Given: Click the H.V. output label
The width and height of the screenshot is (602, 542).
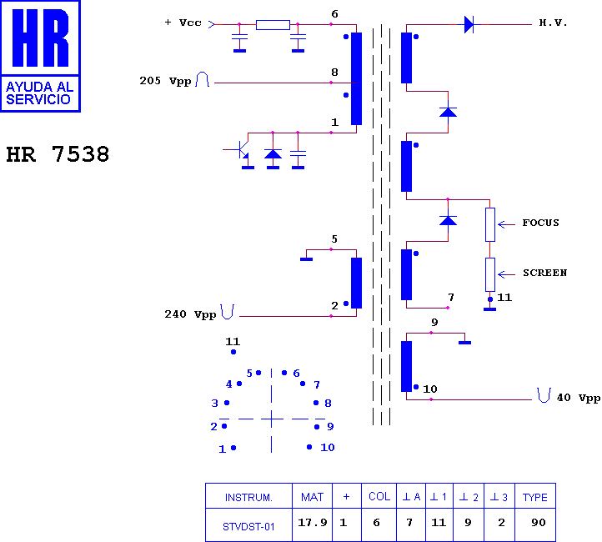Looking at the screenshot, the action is [553, 23].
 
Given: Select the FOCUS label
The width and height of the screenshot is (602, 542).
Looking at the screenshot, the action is [540, 223].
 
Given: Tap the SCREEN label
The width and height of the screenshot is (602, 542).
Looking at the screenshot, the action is [544, 273].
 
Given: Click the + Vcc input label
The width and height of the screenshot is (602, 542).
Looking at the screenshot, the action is [183, 23].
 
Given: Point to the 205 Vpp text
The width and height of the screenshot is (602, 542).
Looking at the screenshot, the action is [165, 81].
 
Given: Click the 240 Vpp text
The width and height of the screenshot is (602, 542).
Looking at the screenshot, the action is [190, 314].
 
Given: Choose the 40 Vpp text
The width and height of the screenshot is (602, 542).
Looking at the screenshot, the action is [579, 398].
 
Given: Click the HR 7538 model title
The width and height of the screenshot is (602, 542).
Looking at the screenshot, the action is [58, 154].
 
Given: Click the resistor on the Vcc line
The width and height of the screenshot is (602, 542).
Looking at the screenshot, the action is [273, 25].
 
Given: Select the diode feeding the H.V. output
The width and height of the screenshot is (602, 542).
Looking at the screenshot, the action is [469, 24].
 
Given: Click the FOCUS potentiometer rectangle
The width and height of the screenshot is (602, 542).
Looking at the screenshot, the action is [490, 224].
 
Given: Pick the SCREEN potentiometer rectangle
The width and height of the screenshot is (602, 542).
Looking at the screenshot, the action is [490, 274].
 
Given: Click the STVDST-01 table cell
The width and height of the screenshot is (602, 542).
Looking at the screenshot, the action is [248, 527].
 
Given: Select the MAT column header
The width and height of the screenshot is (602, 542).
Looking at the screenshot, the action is [312, 497].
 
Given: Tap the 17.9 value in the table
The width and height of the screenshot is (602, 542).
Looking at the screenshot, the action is [313, 523].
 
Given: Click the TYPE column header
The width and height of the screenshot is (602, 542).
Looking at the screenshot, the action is [534, 497].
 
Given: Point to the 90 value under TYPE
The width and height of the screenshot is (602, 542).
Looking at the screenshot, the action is [539, 523].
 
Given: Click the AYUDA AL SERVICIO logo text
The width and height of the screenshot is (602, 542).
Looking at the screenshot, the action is [39, 93].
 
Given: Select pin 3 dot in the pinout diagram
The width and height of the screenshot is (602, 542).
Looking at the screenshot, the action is [227, 403].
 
